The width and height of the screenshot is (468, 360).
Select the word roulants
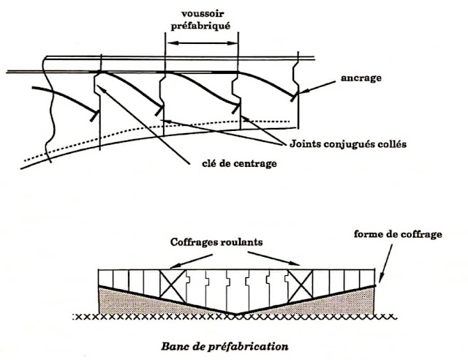[240, 242]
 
